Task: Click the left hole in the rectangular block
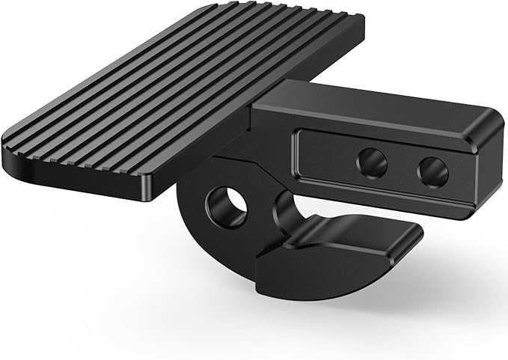coord(371,162)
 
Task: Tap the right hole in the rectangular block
coord(432,172)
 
